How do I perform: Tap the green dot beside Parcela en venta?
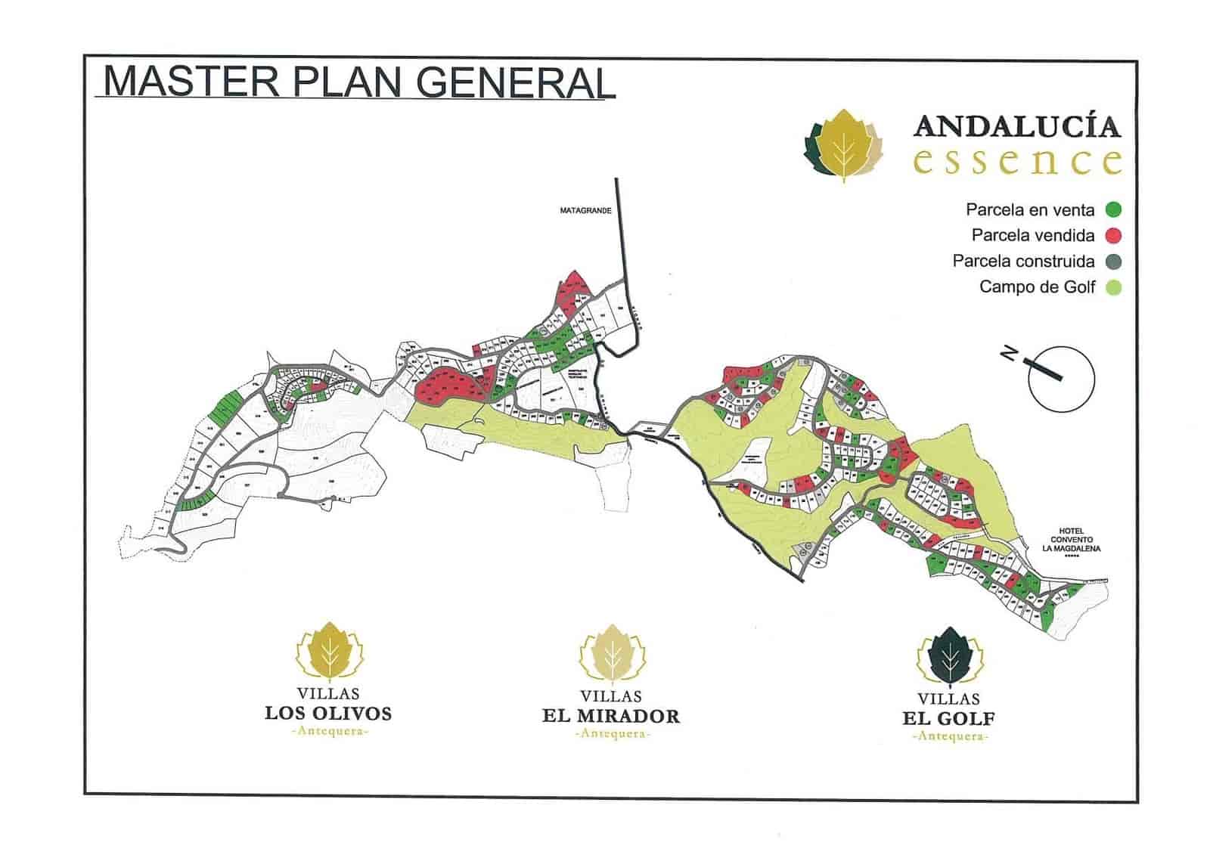(1112, 210)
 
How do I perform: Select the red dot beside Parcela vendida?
(1112, 236)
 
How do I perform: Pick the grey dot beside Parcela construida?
(1112, 262)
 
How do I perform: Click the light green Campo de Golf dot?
(1112, 287)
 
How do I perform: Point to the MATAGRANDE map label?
(585, 211)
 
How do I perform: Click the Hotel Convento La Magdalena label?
(1072, 540)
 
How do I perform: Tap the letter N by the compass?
(1008, 352)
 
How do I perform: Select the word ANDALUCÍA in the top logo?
(1017, 126)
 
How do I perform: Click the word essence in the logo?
(1017, 161)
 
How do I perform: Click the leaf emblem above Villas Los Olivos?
(330, 652)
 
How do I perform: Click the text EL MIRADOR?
(611, 717)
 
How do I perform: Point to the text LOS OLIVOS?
(328, 713)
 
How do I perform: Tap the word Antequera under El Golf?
(950, 736)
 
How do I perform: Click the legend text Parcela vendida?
(1032, 236)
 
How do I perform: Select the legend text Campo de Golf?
(1037, 287)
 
